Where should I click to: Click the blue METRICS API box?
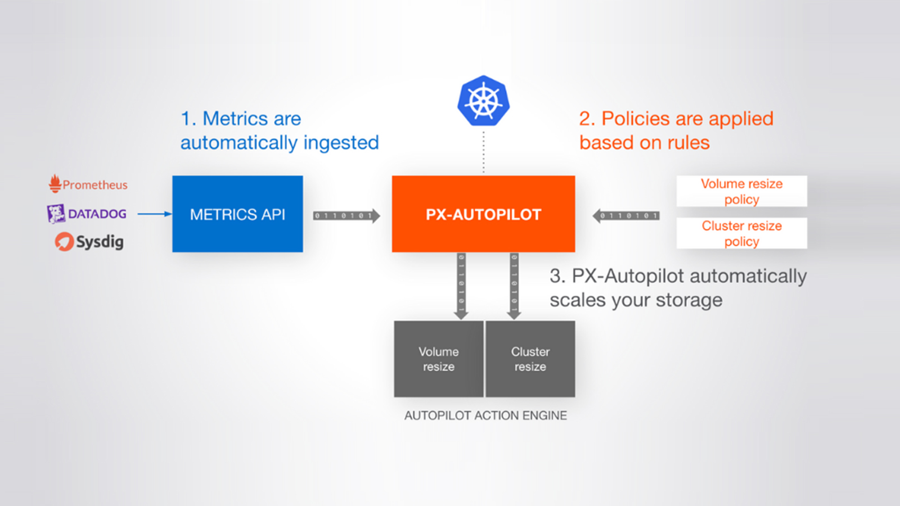pos(237,214)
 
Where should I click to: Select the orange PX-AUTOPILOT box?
pos(483,214)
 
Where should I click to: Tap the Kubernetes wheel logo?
pos(483,101)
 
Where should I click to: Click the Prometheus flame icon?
pos(55,183)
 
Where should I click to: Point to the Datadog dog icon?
pos(56,214)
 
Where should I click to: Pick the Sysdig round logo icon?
pos(64,241)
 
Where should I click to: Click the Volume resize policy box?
pos(742,191)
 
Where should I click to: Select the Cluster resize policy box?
pos(742,233)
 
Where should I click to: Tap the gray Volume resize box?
pos(439,359)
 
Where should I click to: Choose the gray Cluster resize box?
pos(530,359)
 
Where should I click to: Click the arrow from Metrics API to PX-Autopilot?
pos(346,216)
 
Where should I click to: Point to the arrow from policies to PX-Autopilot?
pos(626,216)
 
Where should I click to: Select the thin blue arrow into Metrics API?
pos(155,214)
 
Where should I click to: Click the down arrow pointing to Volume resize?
pos(461,286)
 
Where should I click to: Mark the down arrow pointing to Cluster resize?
pos(514,286)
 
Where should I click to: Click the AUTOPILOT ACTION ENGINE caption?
pos(485,415)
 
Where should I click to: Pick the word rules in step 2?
pos(688,143)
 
